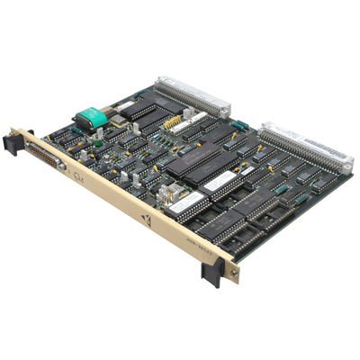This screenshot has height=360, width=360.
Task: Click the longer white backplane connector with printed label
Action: click(x=305, y=146)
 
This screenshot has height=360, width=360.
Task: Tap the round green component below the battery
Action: click(x=96, y=142)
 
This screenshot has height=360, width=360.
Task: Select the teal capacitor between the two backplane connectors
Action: click(x=238, y=127)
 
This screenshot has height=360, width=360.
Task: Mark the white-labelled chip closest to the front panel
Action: click(x=184, y=203)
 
